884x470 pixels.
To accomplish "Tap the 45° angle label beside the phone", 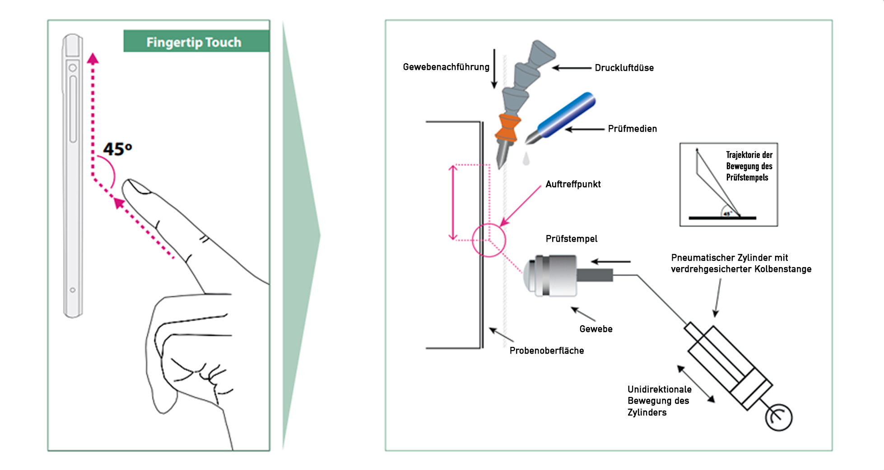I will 117,149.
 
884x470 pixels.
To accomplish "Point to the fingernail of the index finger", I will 137,187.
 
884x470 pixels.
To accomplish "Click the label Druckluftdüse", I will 624,68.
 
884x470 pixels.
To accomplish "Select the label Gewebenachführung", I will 446,67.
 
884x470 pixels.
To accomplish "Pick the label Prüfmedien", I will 632,129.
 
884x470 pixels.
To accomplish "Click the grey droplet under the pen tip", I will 526,159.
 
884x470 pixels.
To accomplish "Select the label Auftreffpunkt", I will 573,184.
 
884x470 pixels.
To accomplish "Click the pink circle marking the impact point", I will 489,240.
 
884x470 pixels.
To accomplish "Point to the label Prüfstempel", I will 571,239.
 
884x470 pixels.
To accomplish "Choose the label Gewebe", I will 596,329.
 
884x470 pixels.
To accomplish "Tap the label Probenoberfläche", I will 546,350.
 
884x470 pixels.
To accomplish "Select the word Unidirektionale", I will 659,389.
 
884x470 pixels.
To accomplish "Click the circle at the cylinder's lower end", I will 778,417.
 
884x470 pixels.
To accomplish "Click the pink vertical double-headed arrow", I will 453,203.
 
